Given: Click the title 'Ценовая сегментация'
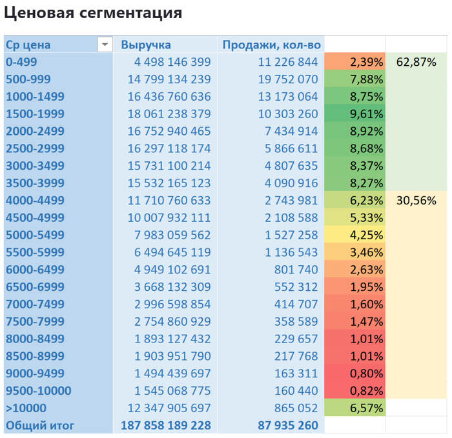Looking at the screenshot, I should (92, 13).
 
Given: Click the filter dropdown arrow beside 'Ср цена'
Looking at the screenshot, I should (104, 45).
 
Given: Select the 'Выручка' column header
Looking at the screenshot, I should (146, 45).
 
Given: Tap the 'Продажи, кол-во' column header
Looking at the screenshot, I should (271, 45).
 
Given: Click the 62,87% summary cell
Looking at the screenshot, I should (416, 63).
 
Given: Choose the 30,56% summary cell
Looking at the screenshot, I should (416, 201).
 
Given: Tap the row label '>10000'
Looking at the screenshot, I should (26, 408).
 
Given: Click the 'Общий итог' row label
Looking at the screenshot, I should (40, 425).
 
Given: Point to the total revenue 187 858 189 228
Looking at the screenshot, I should (166, 425).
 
